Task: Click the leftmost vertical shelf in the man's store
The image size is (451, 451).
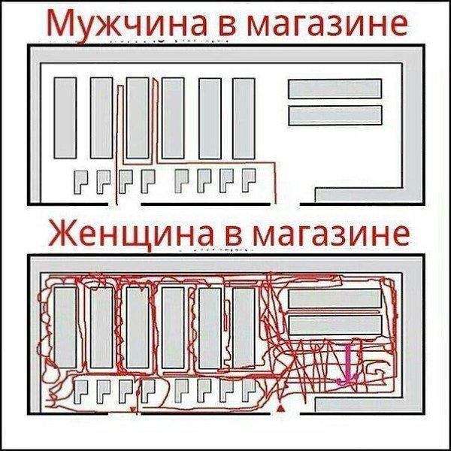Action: pyautogui.click(x=65, y=117)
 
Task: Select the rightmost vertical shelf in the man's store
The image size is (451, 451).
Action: pyautogui.click(x=244, y=117)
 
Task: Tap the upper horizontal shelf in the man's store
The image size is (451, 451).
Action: pyautogui.click(x=334, y=88)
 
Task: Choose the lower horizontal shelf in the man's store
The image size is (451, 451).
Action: pyautogui.click(x=334, y=116)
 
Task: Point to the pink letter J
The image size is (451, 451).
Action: pyautogui.click(x=347, y=365)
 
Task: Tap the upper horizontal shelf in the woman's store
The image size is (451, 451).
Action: pyautogui.click(x=334, y=298)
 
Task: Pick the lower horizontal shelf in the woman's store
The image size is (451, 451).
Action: pyautogui.click(x=334, y=325)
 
